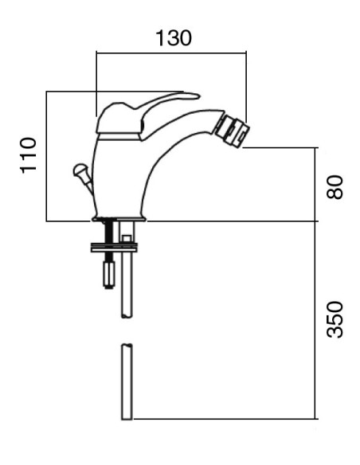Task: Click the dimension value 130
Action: pos(173,38)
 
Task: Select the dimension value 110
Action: pos(29,155)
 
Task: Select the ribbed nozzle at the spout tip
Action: pos(233,130)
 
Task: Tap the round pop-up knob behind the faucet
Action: pos(79,169)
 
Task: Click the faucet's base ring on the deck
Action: pos(121,218)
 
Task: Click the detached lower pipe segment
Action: pos(126,382)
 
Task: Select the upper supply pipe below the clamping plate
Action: pos(126,287)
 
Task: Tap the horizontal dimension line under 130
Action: pos(170,53)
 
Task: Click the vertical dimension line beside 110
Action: pos(46,155)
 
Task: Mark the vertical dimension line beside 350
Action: pos(316,318)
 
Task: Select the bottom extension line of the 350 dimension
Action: pos(223,419)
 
